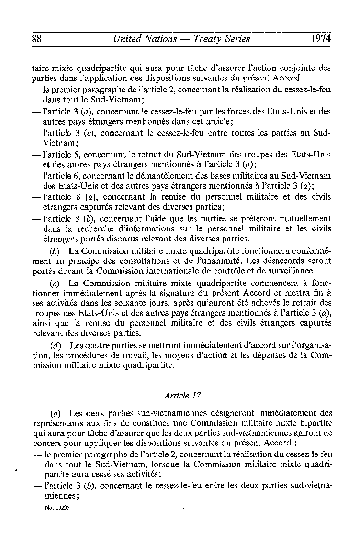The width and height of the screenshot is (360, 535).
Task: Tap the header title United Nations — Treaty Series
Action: coord(181,39)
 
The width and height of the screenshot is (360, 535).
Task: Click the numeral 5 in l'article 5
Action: coord(77,156)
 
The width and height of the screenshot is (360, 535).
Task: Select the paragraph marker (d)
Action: coord(56,345)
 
